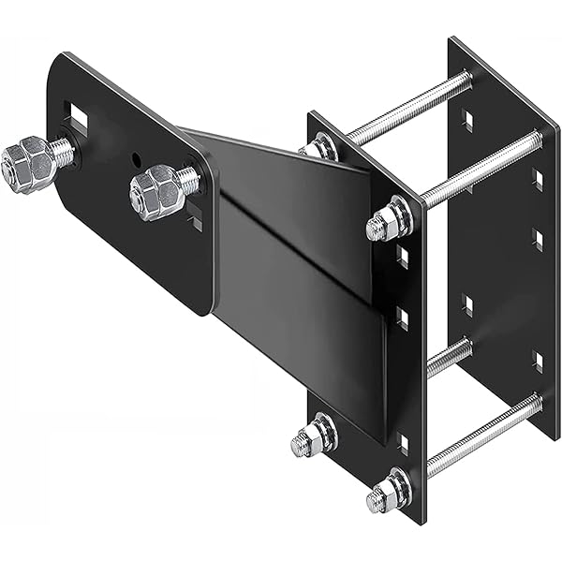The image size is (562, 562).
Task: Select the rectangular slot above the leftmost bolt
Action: tap(77, 118)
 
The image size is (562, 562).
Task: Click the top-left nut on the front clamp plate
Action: tap(319, 147)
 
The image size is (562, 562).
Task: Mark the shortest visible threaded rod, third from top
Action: tap(448, 357)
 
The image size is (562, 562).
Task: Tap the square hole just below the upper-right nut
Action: tap(402, 255)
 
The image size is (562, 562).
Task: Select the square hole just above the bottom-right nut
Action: tap(403, 440)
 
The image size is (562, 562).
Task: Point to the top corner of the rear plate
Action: tap(451, 38)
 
